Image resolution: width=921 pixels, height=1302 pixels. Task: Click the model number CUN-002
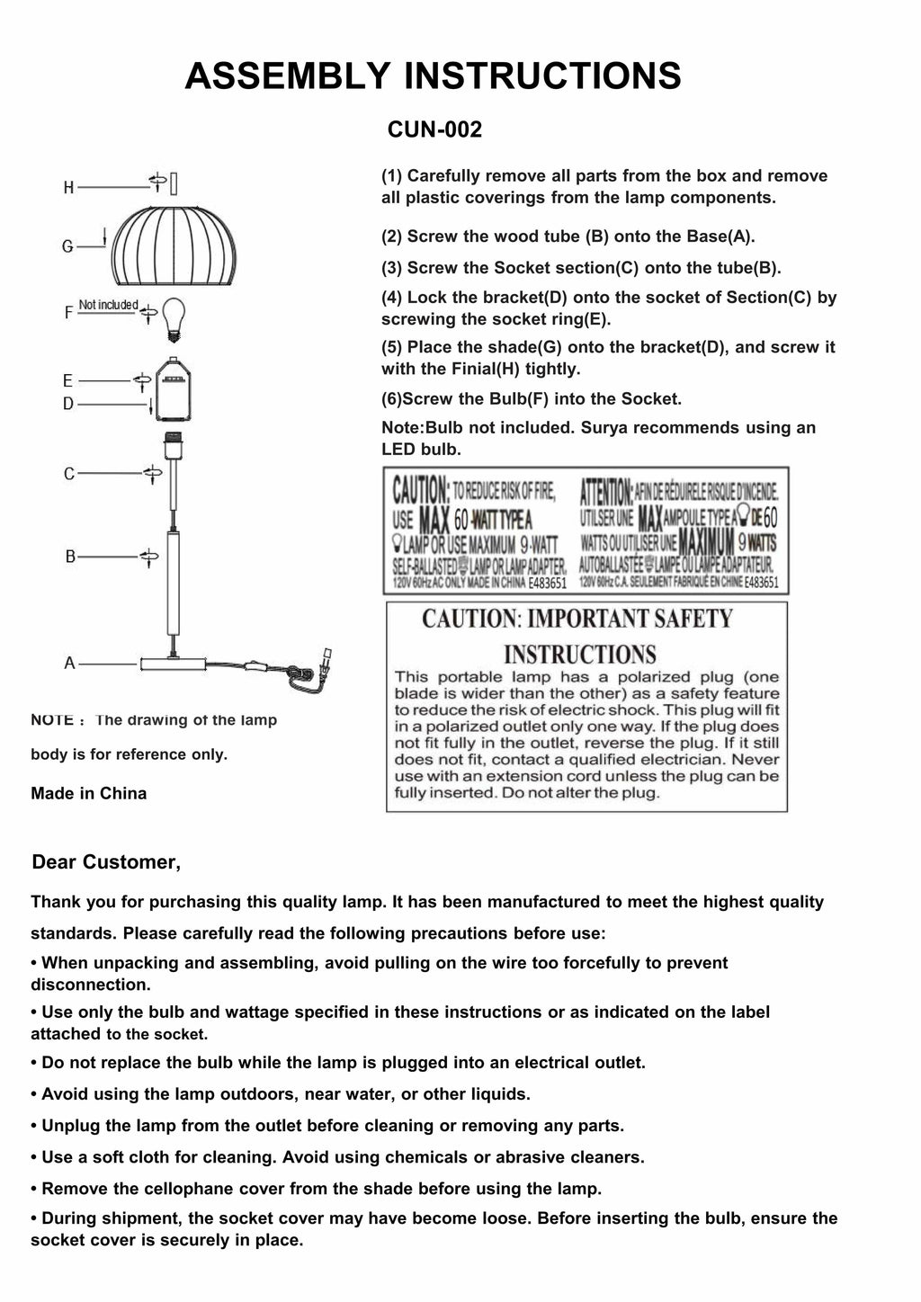point(434,129)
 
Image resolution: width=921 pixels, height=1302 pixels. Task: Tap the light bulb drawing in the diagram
point(174,317)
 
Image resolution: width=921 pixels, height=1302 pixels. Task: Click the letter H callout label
point(68,188)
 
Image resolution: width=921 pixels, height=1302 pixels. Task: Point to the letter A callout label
point(69,664)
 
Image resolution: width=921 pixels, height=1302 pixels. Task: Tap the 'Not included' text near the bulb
point(108,305)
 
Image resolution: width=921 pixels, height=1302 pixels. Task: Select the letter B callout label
point(70,557)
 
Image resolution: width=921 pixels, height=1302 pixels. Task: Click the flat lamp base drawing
point(172,664)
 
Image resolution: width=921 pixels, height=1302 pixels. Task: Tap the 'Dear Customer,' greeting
point(106,862)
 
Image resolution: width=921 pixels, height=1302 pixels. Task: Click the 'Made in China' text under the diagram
point(88,793)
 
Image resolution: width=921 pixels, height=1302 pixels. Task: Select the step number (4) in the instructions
point(393,298)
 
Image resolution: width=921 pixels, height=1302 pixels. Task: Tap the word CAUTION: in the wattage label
point(420,491)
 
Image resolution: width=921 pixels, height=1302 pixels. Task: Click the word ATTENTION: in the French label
point(606,491)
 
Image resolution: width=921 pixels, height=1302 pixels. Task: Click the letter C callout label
point(69,474)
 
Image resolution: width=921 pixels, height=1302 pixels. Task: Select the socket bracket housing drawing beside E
point(173,388)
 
